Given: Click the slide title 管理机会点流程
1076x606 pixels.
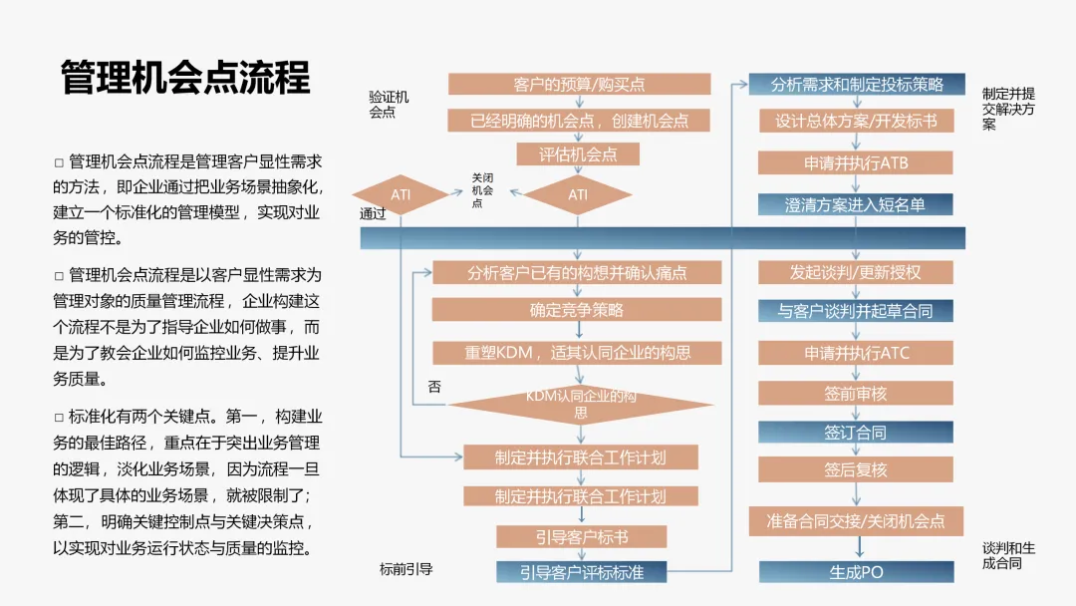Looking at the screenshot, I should click(x=185, y=78).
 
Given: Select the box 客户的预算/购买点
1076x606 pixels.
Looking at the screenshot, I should click(x=579, y=85).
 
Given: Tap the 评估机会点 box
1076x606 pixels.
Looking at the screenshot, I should click(x=578, y=154).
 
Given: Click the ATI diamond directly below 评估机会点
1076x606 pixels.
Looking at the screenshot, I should click(x=578, y=195).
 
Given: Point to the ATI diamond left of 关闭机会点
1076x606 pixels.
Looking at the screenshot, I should click(x=401, y=195).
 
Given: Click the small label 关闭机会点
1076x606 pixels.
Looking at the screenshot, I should click(x=482, y=189).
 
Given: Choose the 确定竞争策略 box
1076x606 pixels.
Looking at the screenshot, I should click(x=577, y=310).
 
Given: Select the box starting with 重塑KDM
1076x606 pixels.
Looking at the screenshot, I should click(x=577, y=352).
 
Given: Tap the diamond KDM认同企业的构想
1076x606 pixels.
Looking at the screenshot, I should click(x=580, y=404).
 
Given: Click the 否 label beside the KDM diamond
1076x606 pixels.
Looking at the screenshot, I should click(x=434, y=386).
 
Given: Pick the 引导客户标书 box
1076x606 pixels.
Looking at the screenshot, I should click(x=581, y=537).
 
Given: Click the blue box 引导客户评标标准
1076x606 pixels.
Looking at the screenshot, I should click(x=581, y=572).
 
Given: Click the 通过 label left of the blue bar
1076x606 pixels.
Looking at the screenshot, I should click(x=373, y=214).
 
